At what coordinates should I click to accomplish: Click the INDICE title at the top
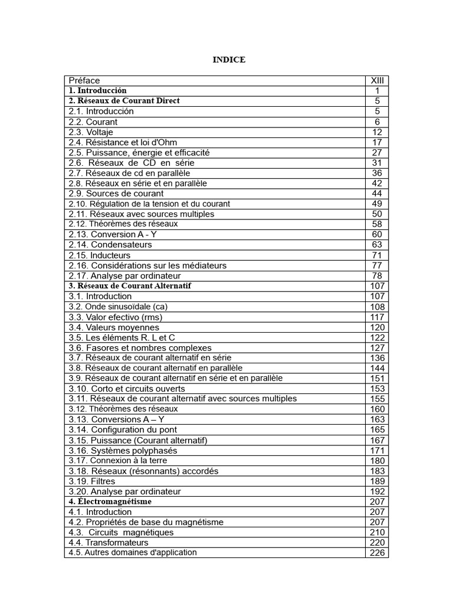click(229, 60)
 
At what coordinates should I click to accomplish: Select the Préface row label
click(84, 80)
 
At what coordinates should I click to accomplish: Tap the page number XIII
click(377, 80)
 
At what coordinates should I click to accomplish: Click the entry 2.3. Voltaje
click(91, 132)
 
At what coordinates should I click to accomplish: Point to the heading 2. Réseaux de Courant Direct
click(124, 101)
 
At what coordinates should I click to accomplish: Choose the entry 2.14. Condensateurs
click(110, 245)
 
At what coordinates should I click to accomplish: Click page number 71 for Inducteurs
click(377, 255)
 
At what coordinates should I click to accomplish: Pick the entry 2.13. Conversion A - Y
click(113, 234)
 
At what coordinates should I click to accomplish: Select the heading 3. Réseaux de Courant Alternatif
click(130, 285)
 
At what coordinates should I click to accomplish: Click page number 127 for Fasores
click(377, 347)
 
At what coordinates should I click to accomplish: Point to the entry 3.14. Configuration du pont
click(123, 430)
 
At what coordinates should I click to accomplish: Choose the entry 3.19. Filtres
click(92, 481)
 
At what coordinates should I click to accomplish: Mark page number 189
click(377, 481)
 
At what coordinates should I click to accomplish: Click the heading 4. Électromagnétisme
click(110, 501)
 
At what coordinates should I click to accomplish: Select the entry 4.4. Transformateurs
click(109, 543)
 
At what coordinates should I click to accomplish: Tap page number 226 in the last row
click(377, 553)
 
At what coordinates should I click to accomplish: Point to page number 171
click(377, 451)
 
